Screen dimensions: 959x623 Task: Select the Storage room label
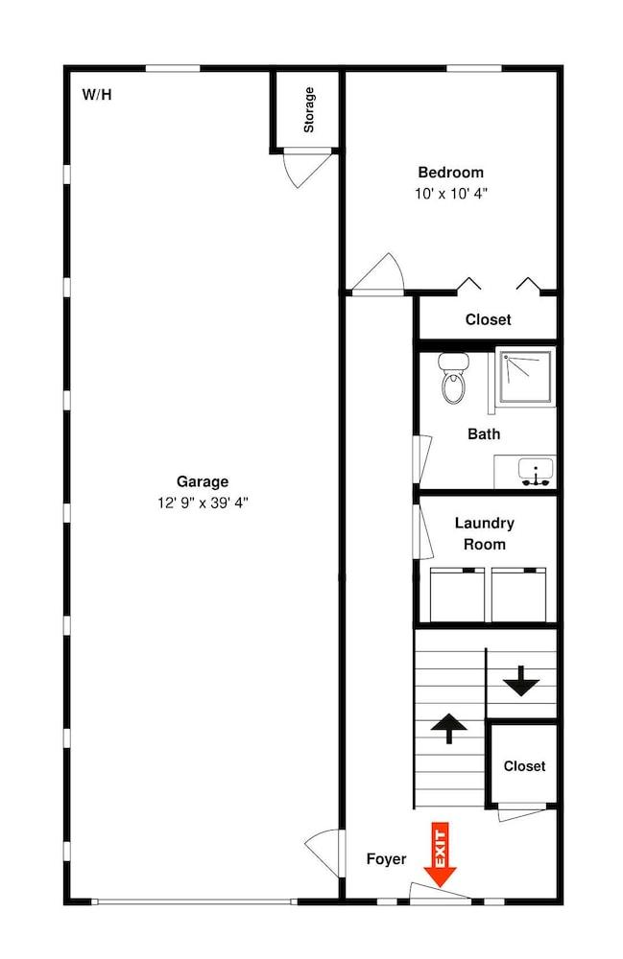(x=308, y=109)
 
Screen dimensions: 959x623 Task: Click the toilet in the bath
(x=453, y=378)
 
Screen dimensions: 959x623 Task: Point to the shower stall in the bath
(x=525, y=377)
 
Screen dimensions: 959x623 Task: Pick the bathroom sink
(x=530, y=472)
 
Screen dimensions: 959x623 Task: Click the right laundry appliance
(x=518, y=595)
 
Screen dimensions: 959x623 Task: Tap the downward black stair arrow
(x=522, y=681)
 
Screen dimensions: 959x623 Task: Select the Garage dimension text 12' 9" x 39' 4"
(x=203, y=502)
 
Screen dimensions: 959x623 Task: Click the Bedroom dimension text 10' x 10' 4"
(x=450, y=193)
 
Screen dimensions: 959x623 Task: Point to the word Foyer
(x=386, y=859)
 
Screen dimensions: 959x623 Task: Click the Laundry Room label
(x=485, y=533)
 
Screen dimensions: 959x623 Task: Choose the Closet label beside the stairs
(x=524, y=766)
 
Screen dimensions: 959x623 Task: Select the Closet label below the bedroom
(x=488, y=320)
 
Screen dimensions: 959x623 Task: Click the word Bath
(x=484, y=434)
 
